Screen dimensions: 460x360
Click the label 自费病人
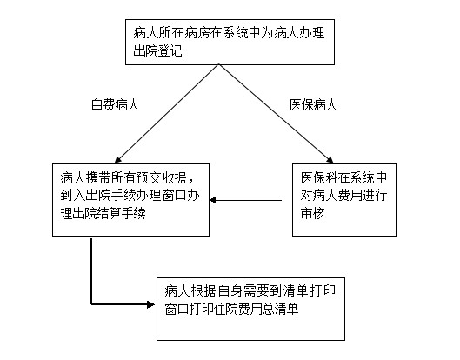[x=115, y=104]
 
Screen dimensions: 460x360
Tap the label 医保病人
[x=314, y=104]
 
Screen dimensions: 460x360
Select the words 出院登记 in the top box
[x=158, y=50]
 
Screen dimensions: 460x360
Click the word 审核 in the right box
[x=312, y=213]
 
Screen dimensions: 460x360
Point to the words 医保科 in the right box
[x=319, y=177]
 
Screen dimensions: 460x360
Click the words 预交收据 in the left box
[x=162, y=177]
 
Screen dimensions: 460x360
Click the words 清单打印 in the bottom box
[x=310, y=290]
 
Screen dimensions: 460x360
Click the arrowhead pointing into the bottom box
[x=150, y=304]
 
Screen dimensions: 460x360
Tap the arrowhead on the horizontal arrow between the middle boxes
[x=213, y=200]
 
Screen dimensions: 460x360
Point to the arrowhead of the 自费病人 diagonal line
[x=117, y=160]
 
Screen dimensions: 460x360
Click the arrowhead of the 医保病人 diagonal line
[x=330, y=159]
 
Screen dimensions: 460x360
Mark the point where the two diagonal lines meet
[x=218, y=64]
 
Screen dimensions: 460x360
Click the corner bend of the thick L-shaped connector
[x=91, y=304]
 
